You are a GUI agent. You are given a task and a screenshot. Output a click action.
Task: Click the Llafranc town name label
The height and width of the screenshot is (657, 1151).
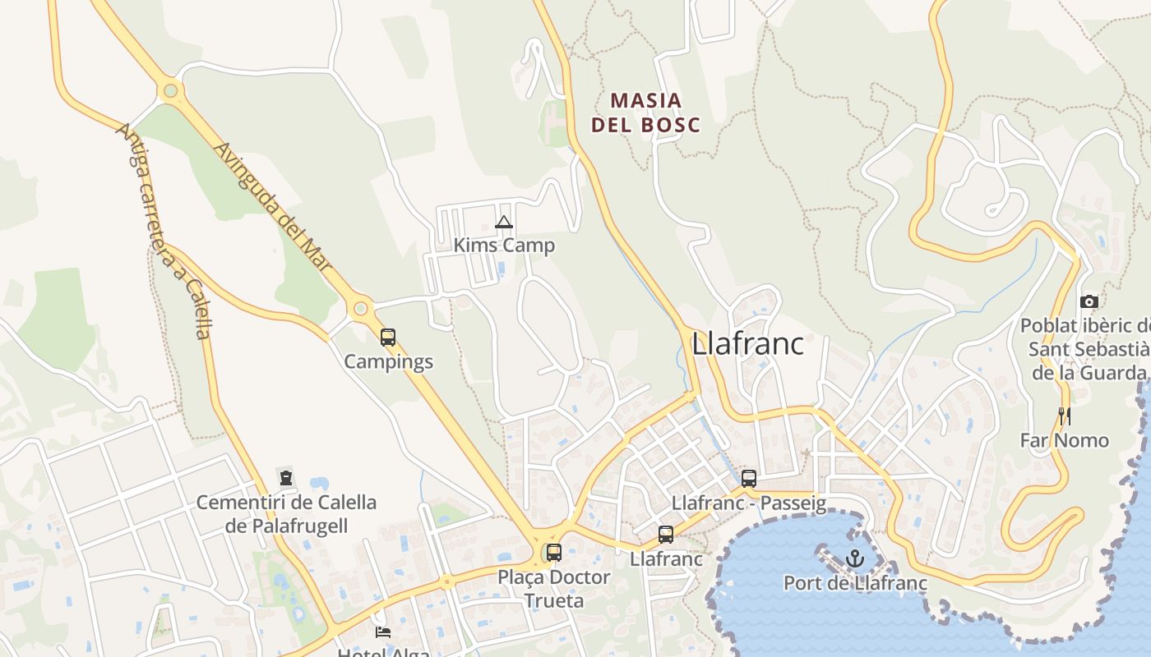pos(747,343)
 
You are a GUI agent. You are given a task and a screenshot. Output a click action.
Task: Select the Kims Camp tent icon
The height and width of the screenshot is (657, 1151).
pos(504,222)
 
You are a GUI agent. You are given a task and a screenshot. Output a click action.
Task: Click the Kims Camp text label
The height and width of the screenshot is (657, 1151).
pos(504,245)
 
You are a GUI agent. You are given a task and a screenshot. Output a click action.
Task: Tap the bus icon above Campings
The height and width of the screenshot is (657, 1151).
pos(388,337)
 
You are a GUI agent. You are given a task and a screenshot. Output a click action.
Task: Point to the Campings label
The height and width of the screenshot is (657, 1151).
pos(388,361)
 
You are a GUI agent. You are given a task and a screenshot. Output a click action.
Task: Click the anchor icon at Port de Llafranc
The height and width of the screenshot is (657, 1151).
pos(856,559)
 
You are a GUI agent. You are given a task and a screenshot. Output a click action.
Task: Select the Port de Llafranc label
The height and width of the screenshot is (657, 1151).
pos(855,583)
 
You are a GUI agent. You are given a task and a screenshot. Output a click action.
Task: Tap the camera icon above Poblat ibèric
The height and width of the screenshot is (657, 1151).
pos(1089,301)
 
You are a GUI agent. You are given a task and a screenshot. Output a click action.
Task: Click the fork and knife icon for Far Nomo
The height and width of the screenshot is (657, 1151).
pos(1065,416)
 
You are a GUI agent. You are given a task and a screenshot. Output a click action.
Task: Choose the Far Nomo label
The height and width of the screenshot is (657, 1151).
pos(1065,440)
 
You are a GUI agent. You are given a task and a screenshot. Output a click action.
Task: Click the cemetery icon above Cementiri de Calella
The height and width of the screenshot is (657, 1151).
pos(286,476)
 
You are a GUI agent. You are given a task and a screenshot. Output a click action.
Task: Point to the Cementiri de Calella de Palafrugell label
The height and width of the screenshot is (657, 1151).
pos(286,513)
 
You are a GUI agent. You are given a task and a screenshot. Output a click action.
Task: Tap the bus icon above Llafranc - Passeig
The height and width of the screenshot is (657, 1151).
pos(749,479)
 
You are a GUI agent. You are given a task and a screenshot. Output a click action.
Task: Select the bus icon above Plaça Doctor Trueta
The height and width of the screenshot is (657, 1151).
pos(554,553)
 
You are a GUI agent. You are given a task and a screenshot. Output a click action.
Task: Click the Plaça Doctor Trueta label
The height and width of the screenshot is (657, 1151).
pos(554,589)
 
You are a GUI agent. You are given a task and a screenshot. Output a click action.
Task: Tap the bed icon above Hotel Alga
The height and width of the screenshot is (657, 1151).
pos(383,632)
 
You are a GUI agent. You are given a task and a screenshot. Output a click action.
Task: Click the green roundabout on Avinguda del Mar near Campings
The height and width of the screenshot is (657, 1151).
pos(359,309)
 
